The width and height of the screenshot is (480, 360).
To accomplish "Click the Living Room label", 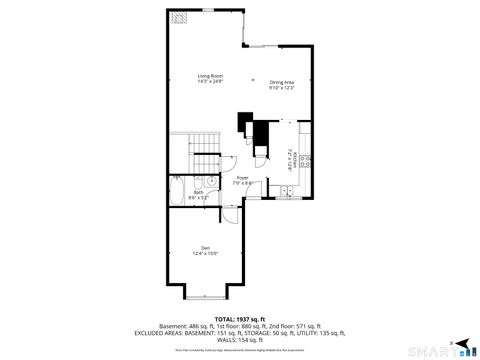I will (x=210, y=79).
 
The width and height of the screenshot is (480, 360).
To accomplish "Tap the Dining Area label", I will (x=282, y=85).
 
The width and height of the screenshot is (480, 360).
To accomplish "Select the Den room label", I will (x=205, y=250).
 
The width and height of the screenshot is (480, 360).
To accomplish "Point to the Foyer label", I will (x=242, y=180).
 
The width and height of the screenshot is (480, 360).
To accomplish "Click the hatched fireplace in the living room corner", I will (x=179, y=18).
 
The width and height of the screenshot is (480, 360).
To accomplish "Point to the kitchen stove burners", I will (x=305, y=159).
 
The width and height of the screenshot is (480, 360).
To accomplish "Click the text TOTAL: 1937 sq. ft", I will (x=239, y=318).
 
